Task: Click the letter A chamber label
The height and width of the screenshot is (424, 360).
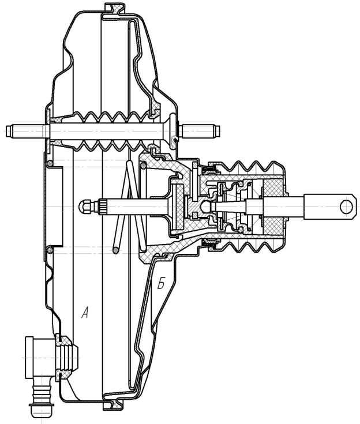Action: (85, 313)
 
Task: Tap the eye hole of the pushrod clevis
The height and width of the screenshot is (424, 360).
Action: (346, 207)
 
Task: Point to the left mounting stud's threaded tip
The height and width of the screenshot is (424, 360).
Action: (10, 131)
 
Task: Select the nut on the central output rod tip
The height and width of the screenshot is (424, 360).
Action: (86, 207)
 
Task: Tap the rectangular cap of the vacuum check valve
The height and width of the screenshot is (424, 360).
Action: (29, 358)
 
